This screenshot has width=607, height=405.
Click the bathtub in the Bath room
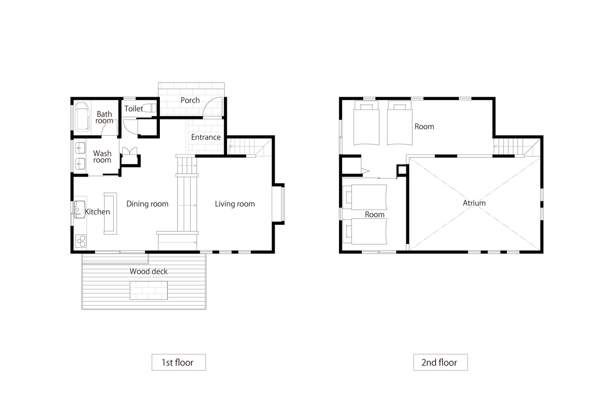point(82,116)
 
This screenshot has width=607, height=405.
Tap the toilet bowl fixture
point(149,108)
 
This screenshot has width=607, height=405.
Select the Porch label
point(190,100)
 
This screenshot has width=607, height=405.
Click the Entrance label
point(206,137)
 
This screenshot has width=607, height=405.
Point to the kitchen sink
point(79,209)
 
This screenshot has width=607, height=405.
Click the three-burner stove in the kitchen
point(81,241)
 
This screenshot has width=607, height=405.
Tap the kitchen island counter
point(110,214)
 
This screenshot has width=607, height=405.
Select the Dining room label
point(147,204)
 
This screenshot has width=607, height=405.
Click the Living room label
point(235,204)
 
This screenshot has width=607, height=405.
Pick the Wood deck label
point(149,271)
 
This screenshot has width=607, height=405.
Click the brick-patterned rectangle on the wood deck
point(149,290)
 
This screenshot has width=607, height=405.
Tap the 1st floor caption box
point(179,362)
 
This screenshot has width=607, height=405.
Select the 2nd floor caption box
point(441,362)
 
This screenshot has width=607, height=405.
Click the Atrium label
point(474,203)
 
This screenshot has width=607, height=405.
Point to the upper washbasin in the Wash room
point(80,148)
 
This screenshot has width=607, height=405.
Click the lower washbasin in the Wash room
point(80,164)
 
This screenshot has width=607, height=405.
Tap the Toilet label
point(134,109)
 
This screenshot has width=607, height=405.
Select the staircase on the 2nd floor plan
point(509,146)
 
